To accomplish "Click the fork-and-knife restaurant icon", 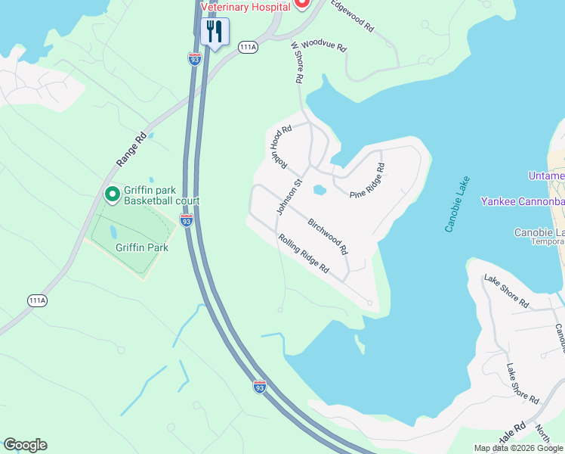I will pyautogui.click(x=215, y=32).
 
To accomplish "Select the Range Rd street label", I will pyautogui.click(x=131, y=151).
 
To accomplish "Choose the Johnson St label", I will pyautogui.click(x=289, y=197).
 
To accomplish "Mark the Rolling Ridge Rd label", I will pyautogui.click(x=304, y=253).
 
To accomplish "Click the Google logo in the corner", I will pyautogui.click(x=25, y=445).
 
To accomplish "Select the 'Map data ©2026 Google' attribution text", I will pyautogui.click(x=518, y=448).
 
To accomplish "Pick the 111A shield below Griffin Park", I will pyautogui.click(x=37, y=300).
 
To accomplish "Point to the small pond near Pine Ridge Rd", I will pyautogui.click(x=319, y=190).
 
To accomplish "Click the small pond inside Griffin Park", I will pyautogui.click(x=112, y=231).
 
